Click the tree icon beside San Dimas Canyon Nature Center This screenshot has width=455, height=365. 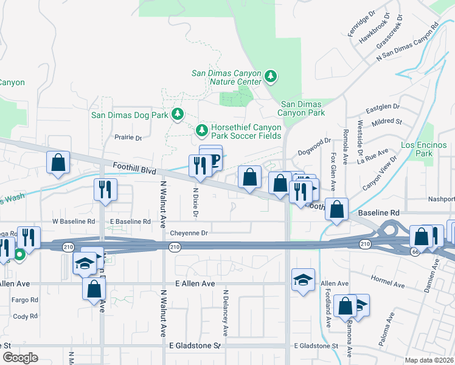click(271, 77)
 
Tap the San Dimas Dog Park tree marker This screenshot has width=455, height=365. click(178, 114)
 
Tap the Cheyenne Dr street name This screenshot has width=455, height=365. click(189, 233)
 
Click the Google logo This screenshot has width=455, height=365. click(21, 357)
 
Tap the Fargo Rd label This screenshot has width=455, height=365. click(26, 300)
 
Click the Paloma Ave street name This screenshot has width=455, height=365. click(387, 329)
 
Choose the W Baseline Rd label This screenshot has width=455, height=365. click(74, 221)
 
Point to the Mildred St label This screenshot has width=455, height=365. click(387, 122)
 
